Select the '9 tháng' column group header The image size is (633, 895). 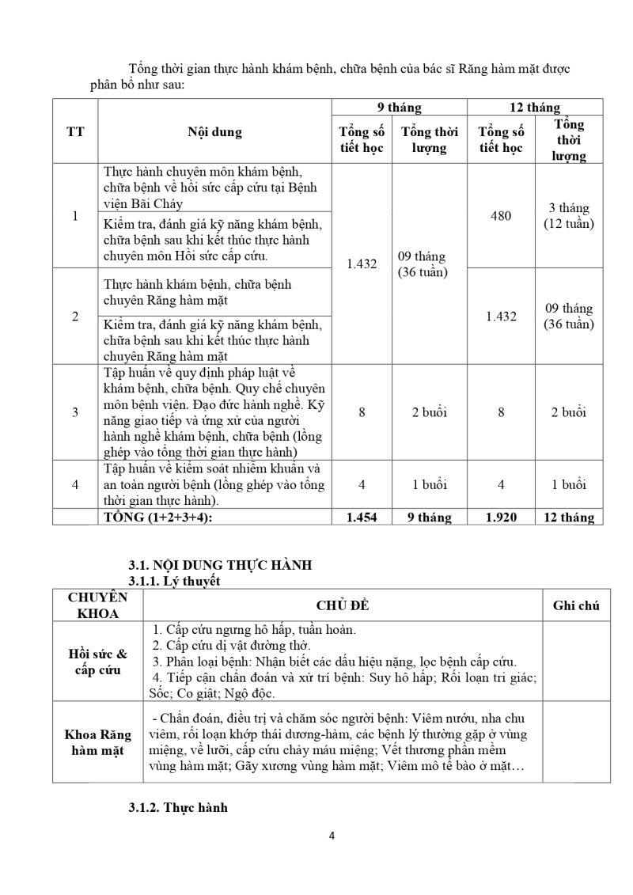click(399, 108)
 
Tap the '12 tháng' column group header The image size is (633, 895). click(534, 108)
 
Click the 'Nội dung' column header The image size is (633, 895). click(214, 132)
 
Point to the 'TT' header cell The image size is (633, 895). click(75, 132)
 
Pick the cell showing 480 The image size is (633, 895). click(501, 215)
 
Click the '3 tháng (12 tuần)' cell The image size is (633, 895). click(568, 215)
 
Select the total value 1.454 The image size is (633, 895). click(362, 518)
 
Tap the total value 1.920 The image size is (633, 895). click(501, 518)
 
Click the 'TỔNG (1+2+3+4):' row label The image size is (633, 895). click(169, 518)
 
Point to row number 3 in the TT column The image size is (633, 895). click(75, 411)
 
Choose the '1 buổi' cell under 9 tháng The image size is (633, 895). click(429, 484)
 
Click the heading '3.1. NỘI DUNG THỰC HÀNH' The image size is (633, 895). click(220, 565)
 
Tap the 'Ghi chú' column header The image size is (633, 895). click(575, 606)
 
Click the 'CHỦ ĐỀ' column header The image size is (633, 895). click(343, 606)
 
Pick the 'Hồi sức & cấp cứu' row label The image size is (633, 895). click(98, 662)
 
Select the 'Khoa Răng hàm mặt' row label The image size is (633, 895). click(98, 742)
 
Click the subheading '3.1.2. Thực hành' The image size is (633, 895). click(178, 808)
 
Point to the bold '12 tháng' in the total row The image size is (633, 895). click(568, 518)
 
